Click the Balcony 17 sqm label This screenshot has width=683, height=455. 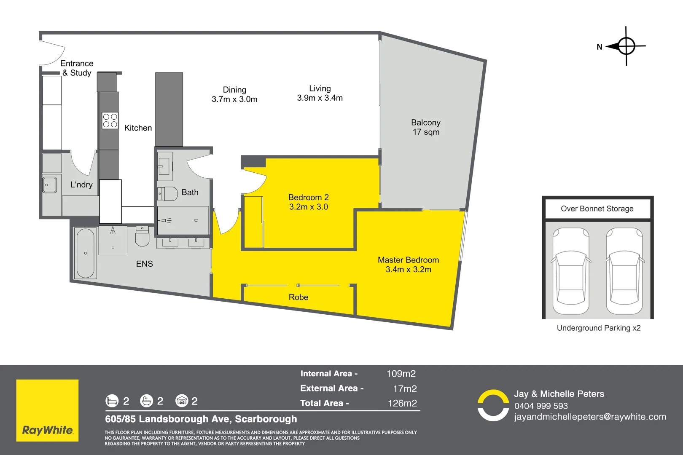[x=426, y=127]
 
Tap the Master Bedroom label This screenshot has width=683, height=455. [x=408, y=265]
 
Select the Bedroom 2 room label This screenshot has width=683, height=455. [x=309, y=202]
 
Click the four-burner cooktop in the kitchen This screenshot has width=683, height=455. [x=110, y=120]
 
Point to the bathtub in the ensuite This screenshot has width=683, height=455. [x=86, y=253]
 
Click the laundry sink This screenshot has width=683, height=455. [x=50, y=185]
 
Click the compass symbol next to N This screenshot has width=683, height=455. [x=626, y=46]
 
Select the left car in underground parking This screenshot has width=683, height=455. [x=571, y=271]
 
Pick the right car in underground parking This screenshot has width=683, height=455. [x=624, y=271]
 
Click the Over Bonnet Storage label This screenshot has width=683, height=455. [x=597, y=209]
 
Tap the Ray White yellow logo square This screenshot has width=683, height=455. [x=47, y=410]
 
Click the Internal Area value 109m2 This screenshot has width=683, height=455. [x=401, y=374]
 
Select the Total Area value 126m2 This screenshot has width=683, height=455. [x=402, y=403]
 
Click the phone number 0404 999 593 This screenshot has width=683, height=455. [x=541, y=406]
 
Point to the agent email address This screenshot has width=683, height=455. [x=590, y=417]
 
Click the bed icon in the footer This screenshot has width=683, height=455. [x=112, y=401]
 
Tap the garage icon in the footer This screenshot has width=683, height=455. [x=182, y=401]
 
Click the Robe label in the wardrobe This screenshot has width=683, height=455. [x=298, y=297]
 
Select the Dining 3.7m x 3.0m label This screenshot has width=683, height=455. [x=234, y=94]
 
